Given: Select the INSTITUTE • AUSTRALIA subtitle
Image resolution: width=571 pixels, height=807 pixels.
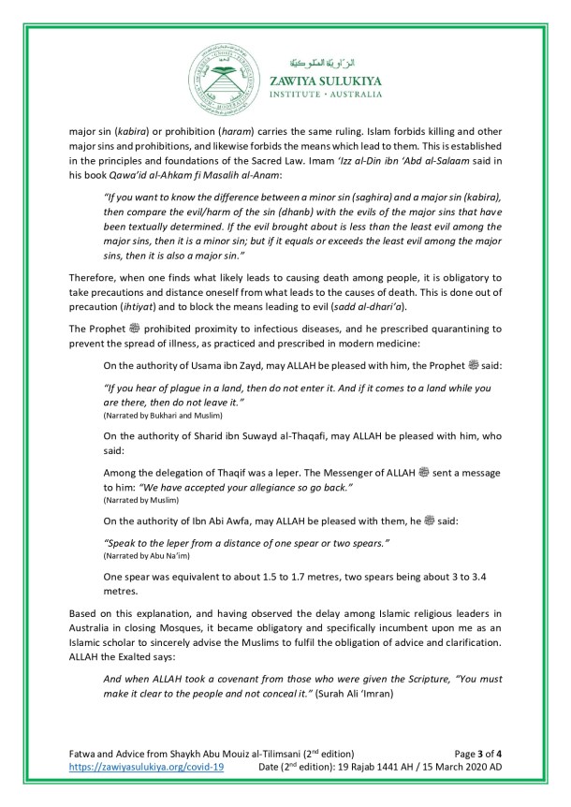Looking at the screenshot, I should (x=320, y=94).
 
